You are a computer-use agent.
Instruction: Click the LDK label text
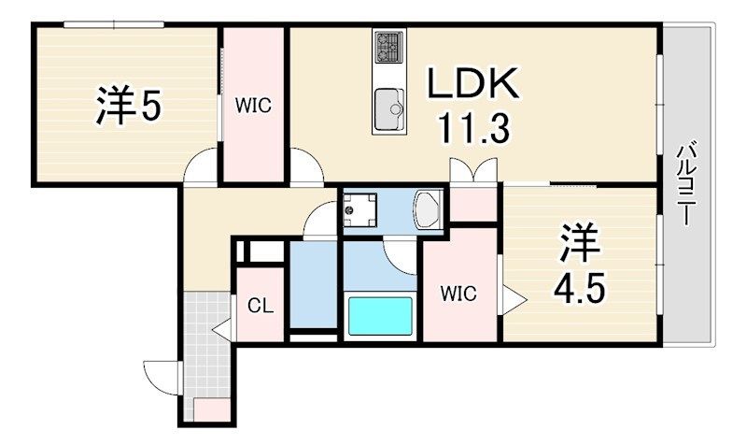[x=472, y=83]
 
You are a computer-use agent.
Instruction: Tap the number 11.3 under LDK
[x=473, y=127]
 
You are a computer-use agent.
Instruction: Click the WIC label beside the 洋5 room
[x=253, y=106]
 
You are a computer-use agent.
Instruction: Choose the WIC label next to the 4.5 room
[x=458, y=294]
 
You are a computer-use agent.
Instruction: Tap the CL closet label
[x=261, y=306]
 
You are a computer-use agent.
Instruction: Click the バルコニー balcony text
[x=687, y=185]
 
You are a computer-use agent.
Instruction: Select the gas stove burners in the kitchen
[x=388, y=47]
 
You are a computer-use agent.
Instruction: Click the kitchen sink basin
[x=388, y=109]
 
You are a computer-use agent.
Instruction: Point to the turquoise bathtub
[x=380, y=316]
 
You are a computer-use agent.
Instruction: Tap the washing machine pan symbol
[x=359, y=209]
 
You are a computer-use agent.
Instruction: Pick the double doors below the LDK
[x=473, y=170]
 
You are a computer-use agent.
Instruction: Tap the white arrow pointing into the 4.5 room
[x=514, y=300]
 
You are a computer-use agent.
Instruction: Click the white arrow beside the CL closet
[x=221, y=329]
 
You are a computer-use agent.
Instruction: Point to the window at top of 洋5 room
[x=114, y=24]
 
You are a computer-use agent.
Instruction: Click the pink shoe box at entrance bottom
[x=212, y=409]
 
